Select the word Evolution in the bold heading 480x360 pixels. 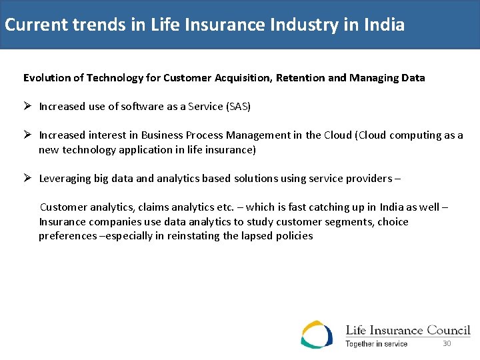click(47, 78)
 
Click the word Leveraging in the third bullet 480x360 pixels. click(65, 179)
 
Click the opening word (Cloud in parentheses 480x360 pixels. click(371, 135)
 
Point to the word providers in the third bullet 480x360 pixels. click(371, 179)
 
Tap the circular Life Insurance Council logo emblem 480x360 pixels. click(317, 335)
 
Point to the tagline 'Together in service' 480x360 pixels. click(376, 344)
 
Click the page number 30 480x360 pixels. click(447, 344)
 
